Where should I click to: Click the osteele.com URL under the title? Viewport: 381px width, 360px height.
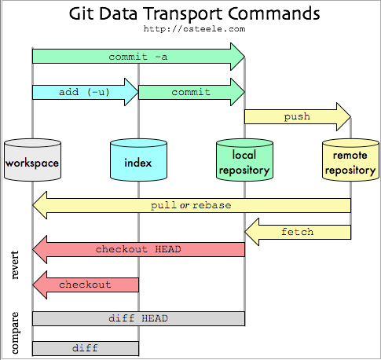(194, 29)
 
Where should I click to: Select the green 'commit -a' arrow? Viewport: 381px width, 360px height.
(138, 57)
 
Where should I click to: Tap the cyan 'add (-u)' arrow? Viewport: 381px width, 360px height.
(86, 92)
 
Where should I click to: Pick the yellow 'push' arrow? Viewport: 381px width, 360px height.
(298, 116)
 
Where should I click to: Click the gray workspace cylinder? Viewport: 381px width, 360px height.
(32, 160)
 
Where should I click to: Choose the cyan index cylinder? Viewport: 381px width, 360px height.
(138, 160)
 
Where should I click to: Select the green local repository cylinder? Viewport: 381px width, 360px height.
(244, 160)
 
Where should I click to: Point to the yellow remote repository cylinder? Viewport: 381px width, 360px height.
(350, 160)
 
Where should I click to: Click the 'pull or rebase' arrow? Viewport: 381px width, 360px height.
(192, 205)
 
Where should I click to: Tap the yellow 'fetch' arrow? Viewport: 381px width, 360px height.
(298, 232)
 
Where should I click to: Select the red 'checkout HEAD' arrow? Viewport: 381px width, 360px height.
(138, 249)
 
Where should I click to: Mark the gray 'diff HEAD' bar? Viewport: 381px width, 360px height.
(138, 318)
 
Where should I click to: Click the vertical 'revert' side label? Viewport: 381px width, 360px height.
(15, 265)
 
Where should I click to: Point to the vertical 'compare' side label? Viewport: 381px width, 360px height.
(15, 332)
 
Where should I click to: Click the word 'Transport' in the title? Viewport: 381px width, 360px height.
(182, 13)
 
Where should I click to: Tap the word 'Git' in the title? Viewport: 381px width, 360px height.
(81, 13)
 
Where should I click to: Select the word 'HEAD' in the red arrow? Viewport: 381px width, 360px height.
(168, 249)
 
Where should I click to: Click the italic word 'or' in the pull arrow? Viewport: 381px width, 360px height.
(185, 206)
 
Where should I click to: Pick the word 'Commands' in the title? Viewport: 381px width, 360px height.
(274, 13)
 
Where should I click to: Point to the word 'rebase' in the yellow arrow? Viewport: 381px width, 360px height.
(212, 205)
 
